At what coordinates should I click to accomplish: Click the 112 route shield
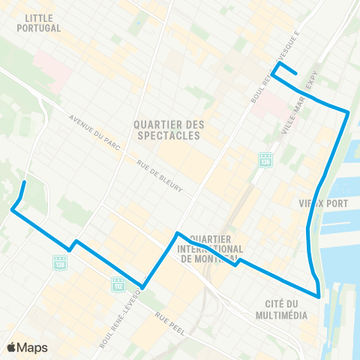pos(118,284)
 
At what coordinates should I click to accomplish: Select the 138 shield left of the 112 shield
pos(60,262)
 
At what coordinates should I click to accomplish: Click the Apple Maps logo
pos(27,347)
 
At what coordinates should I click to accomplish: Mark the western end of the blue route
pos(25,181)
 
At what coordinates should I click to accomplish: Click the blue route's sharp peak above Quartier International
pos(176,232)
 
